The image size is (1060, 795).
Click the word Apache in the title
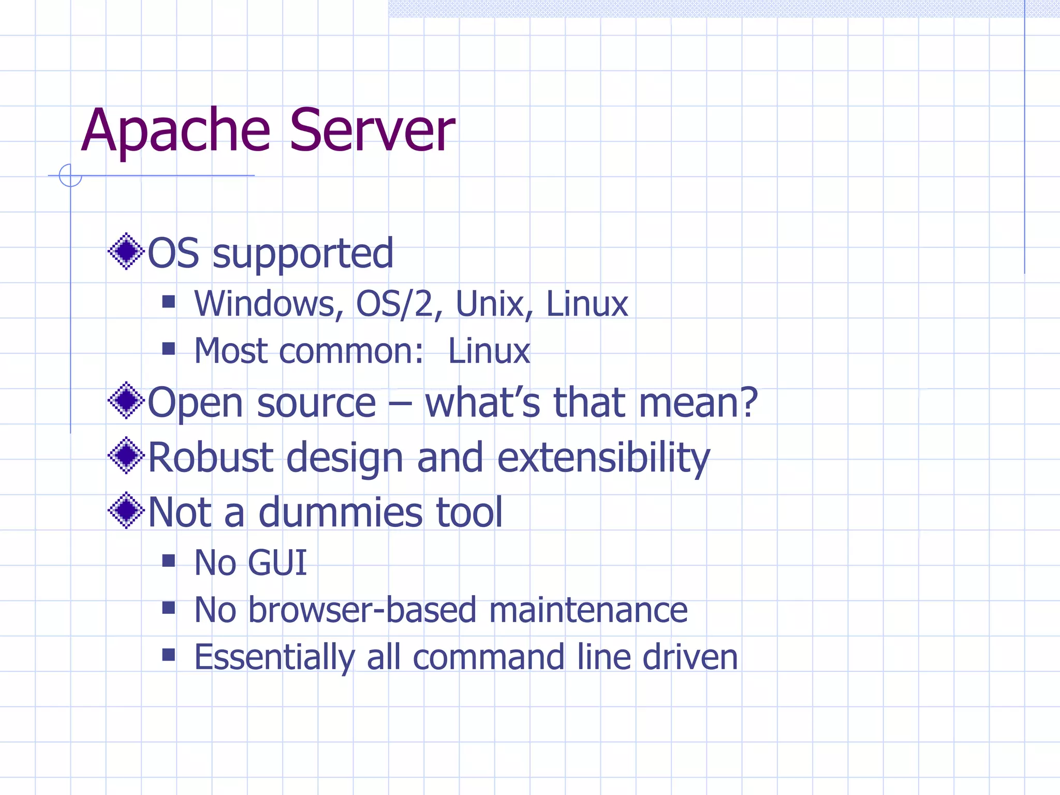coord(175,130)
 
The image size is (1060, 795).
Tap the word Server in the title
coord(372,130)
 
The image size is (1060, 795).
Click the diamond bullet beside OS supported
coord(126,252)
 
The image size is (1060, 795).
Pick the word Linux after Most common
coord(489,351)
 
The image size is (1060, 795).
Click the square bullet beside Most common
coord(168,348)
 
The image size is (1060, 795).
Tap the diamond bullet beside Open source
coord(126,400)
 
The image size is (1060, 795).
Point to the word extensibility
coord(603,459)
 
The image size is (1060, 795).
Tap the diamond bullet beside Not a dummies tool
coord(126,510)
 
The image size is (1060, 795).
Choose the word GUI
coord(277,563)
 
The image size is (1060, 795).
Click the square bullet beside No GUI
coord(168,561)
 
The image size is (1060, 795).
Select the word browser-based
coord(362,610)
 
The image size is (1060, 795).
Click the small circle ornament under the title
coord(70,175)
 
